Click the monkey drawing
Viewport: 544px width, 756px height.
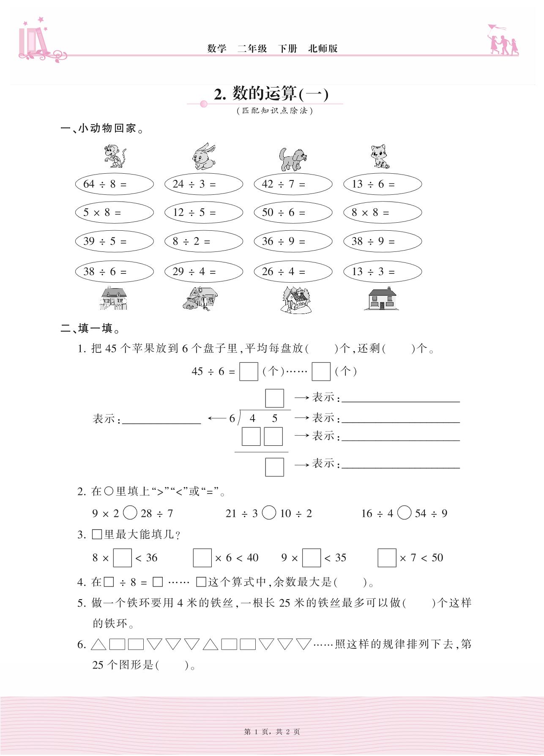tap(114, 156)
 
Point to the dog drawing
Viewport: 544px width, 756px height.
tap(293, 158)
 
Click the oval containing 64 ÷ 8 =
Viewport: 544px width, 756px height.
tap(114, 184)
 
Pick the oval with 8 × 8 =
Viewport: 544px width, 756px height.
tap(383, 213)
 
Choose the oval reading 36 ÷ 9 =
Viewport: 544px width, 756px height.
tap(293, 241)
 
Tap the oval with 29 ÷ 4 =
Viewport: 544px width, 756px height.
tap(204, 271)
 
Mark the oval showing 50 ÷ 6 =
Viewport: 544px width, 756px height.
tap(293, 213)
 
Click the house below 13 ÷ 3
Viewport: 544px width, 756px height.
tap(382, 299)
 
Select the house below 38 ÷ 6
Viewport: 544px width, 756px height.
tap(113, 299)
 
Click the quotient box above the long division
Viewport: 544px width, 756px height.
tap(274, 398)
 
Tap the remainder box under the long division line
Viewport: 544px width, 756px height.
tap(274, 467)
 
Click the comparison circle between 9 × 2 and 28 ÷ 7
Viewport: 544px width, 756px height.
tap(130, 513)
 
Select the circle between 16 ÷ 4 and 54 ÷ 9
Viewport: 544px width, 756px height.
tap(405, 513)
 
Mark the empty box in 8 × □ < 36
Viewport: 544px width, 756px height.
tap(123, 558)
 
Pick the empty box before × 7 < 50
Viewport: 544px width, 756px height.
tap(387, 558)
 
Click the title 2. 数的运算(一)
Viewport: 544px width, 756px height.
tap(271, 94)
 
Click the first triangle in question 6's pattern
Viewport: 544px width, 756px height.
tap(98, 644)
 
